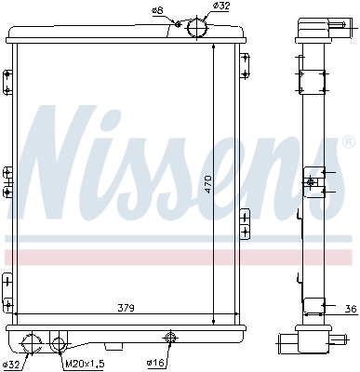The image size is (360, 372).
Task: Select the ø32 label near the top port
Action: (x=221, y=7)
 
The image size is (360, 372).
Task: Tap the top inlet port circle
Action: (x=198, y=29)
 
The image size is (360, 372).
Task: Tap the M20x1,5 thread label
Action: (x=83, y=364)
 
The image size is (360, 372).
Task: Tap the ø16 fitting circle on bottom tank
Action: (x=170, y=338)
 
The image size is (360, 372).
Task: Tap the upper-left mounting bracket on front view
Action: (x=7, y=81)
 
